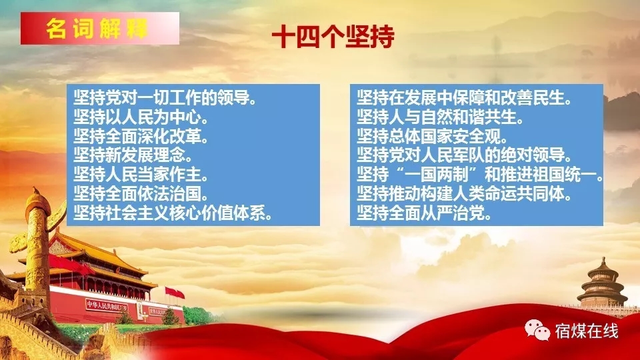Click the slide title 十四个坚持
point(333,36)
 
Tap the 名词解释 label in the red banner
point(97,29)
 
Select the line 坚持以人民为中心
point(141,117)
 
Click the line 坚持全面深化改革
point(141,136)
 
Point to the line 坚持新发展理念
point(133,155)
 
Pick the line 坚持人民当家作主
point(141,175)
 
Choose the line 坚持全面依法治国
point(141,194)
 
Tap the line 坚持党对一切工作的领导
point(165,98)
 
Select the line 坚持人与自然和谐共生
point(441,117)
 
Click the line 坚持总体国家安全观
point(433,136)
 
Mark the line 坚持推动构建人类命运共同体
point(465,194)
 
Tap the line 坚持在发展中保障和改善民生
point(465,98)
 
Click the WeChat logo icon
point(537,330)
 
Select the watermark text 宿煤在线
point(587,331)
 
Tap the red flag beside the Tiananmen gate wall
point(175,293)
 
